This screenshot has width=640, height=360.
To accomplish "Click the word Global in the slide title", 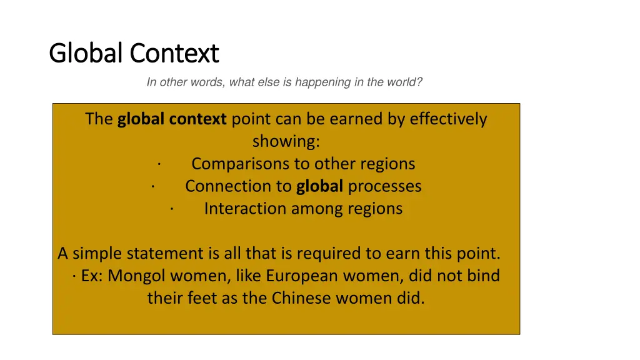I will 87,54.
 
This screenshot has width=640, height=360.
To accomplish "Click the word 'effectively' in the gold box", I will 448,119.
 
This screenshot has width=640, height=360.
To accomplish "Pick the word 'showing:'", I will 286,141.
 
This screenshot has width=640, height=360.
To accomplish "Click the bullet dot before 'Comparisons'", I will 159,164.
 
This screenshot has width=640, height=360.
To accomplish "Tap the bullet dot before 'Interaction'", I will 171,209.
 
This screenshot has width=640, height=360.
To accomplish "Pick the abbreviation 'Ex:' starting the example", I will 92,276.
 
